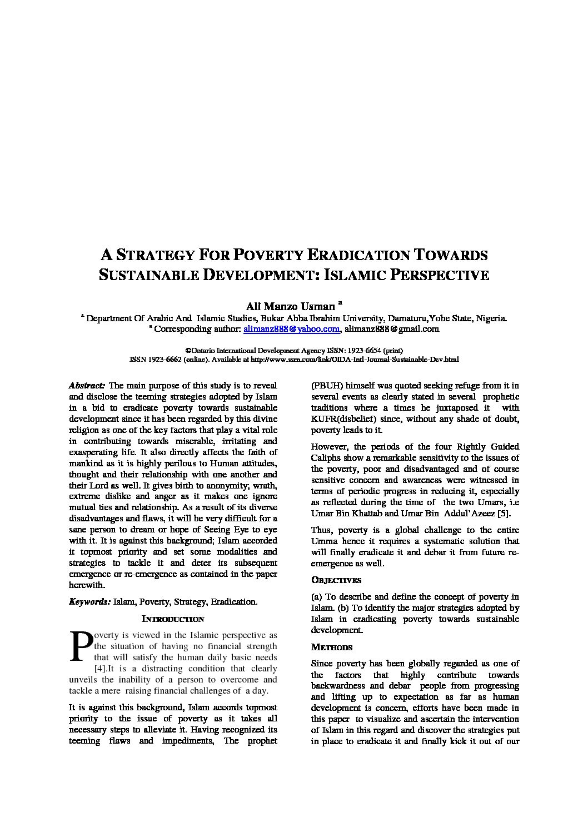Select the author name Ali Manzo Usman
pos(290,306)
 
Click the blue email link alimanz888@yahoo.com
pos(292,329)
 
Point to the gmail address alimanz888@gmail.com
pos(391,329)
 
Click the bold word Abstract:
pos(87,386)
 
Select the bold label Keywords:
pos(89,602)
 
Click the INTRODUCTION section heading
pos(173,619)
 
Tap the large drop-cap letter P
pos(80,646)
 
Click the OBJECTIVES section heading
pos(336,580)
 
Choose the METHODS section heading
pos(332,647)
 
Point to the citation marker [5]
pos(504,514)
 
